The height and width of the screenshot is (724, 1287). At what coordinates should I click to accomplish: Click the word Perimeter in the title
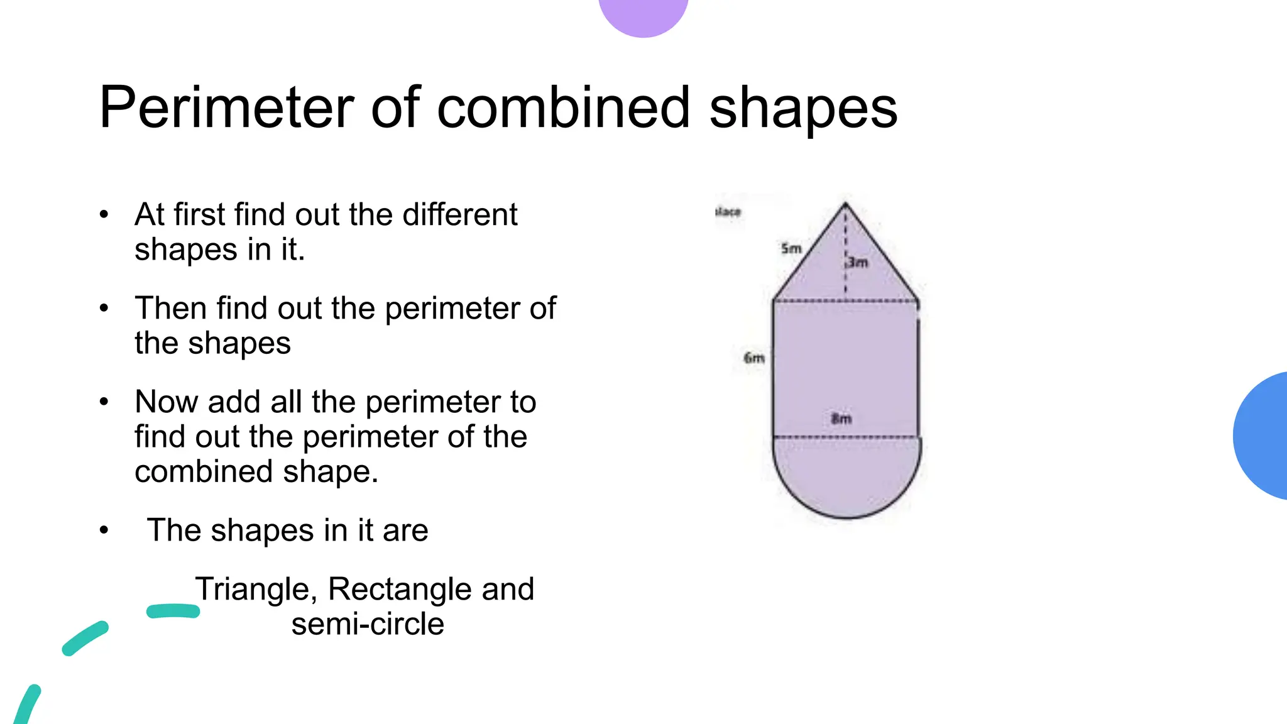click(227, 107)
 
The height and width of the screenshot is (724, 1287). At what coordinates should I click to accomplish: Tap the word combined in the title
click(563, 107)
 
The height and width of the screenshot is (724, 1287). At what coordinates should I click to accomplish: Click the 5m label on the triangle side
click(791, 249)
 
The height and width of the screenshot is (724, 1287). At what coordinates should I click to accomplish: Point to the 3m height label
click(858, 262)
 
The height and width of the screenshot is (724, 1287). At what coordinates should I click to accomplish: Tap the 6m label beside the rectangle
click(754, 358)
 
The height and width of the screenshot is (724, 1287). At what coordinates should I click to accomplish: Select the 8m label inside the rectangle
click(841, 419)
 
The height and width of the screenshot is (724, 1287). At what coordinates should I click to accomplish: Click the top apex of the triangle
click(846, 204)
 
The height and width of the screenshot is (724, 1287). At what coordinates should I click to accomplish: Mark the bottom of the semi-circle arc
click(846, 517)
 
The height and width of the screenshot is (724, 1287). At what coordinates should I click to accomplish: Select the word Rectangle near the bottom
click(400, 590)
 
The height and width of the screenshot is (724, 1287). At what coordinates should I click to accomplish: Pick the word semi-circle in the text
click(368, 624)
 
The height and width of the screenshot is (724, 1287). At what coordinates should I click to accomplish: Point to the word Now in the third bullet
click(166, 402)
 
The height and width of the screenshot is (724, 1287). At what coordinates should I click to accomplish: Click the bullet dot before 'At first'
click(104, 214)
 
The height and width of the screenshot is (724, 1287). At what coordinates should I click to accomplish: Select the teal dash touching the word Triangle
click(173, 611)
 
